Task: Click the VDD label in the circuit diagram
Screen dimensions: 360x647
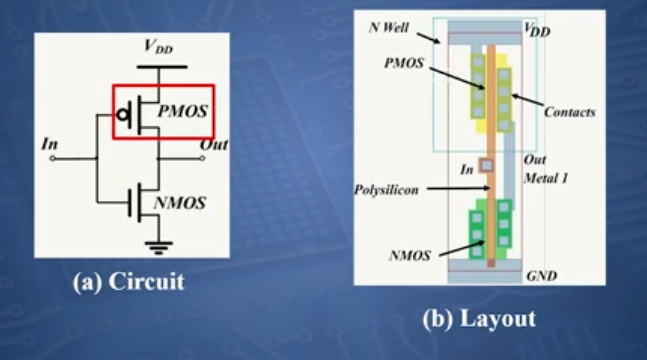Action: (x=158, y=47)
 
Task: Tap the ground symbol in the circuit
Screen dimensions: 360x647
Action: (x=159, y=247)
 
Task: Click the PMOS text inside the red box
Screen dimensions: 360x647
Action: (x=182, y=111)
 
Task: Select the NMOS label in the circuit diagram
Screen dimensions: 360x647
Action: (x=180, y=203)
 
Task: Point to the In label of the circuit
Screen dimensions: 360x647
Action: (x=50, y=145)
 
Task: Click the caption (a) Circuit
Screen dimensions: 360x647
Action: (x=128, y=282)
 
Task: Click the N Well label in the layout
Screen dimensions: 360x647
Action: (x=389, y=28)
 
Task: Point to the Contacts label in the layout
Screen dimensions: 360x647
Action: (x=570, y=112)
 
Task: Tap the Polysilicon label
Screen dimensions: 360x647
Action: (x=386, y=191)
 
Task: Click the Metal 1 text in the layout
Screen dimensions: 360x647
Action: (x=546, y=178)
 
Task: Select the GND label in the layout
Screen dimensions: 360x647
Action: (x=542, y=276)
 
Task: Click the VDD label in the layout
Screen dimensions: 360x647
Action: (x=537, y=31)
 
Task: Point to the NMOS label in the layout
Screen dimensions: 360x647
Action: (x=410, y=256)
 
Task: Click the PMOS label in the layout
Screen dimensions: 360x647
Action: (x=404, y=64)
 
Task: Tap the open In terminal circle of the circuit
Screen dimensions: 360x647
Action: (x=52, y=159)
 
